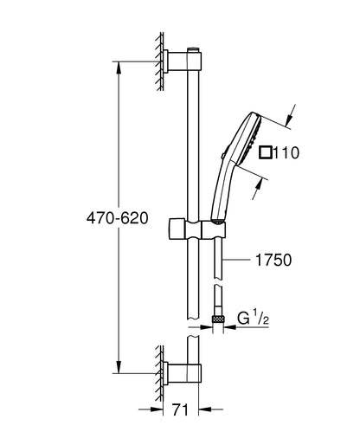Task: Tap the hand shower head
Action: click(246, 143)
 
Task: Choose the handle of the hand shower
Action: click(221, 199)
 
